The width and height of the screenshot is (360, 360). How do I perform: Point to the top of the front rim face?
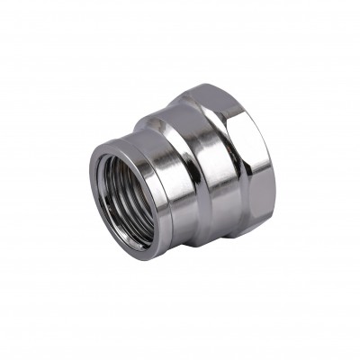121,144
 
